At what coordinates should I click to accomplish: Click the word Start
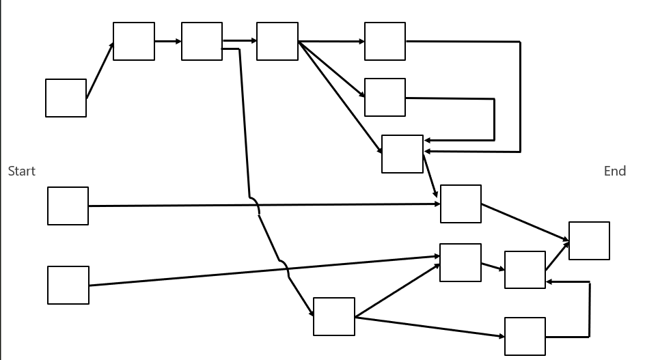click(21, 171)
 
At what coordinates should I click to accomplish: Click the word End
click(614, 171)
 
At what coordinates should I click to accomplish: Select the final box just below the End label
click(588, 240)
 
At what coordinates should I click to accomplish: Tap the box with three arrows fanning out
click(277, 41)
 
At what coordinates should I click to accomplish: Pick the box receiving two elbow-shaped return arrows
click(402, 154)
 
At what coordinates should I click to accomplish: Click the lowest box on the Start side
click(68, 285)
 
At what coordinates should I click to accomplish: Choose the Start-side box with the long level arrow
click(68, 206)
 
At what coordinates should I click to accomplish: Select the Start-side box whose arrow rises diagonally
click(66, 98)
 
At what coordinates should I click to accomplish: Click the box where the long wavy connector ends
click(333, 316)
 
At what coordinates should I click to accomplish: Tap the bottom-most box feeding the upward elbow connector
click(525, 336)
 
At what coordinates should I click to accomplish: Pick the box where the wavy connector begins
click(202, 41)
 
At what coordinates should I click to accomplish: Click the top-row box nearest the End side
click(385, 41)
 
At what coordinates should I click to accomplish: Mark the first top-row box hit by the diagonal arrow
click(133, 41)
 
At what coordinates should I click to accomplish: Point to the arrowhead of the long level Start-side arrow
click(437, 204)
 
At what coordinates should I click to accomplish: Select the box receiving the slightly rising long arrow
click(460, 262)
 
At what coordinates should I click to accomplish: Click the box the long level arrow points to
click(460, 204)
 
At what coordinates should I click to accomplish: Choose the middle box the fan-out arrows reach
click(385, 97)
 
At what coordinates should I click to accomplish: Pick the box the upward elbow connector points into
click(525, 270)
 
